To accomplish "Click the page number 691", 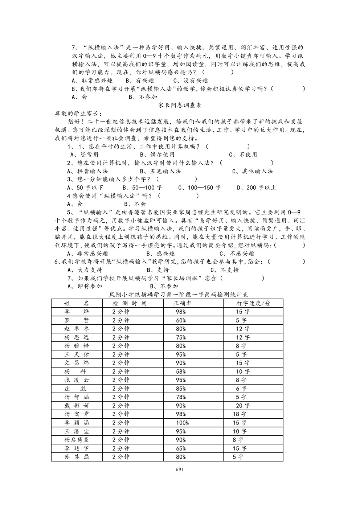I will click(180, 469).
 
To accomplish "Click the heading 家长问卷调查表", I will click(180, 105).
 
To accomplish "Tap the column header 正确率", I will click(183, 303).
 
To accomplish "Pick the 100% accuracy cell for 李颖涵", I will click(183, 423).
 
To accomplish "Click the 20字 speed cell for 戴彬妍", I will click(243, 406).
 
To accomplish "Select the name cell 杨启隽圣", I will click(77, 440).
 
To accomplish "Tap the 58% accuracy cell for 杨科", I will click(181, 372).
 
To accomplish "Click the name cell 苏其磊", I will click(77, 457).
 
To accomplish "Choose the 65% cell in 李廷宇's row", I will click(181, 448).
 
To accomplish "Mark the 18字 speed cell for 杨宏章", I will click(240, 414).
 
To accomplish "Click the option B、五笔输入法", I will click(160, 171).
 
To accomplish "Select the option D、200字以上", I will click(257, 188).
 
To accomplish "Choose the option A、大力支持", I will click(85, 270).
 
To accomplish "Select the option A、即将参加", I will click(85, 286).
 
